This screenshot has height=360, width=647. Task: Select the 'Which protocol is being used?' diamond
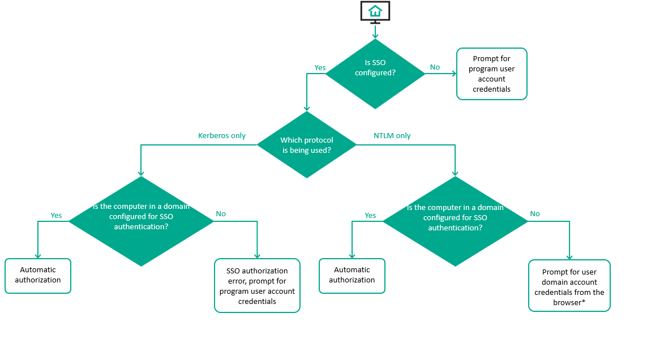(307, 145)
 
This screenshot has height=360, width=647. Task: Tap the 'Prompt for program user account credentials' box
(491, 74)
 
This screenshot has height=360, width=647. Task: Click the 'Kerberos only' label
(222, 136)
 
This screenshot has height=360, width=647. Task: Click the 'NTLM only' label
(392, 136)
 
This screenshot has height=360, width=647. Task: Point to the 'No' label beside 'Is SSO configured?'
(435, 67)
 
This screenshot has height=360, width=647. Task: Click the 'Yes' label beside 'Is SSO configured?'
(320, 68)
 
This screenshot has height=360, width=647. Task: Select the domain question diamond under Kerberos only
(141, 221)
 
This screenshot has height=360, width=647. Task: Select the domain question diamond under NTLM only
(455, 221)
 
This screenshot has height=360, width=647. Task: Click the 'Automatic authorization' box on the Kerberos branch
(38, 276)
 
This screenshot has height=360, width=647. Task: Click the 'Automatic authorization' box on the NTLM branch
(352, 276)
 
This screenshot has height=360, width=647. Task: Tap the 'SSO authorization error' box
(257, 286)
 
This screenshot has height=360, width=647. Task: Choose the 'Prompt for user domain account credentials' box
(569, 285)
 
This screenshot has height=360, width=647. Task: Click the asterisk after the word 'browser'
(583, 302)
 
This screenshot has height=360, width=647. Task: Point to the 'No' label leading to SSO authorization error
(221, 214)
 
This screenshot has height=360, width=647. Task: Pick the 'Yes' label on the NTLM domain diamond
(370, 216)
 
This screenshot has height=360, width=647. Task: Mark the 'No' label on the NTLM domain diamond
(535, 214)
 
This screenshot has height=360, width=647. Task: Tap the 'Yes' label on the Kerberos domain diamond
(56, 216)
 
